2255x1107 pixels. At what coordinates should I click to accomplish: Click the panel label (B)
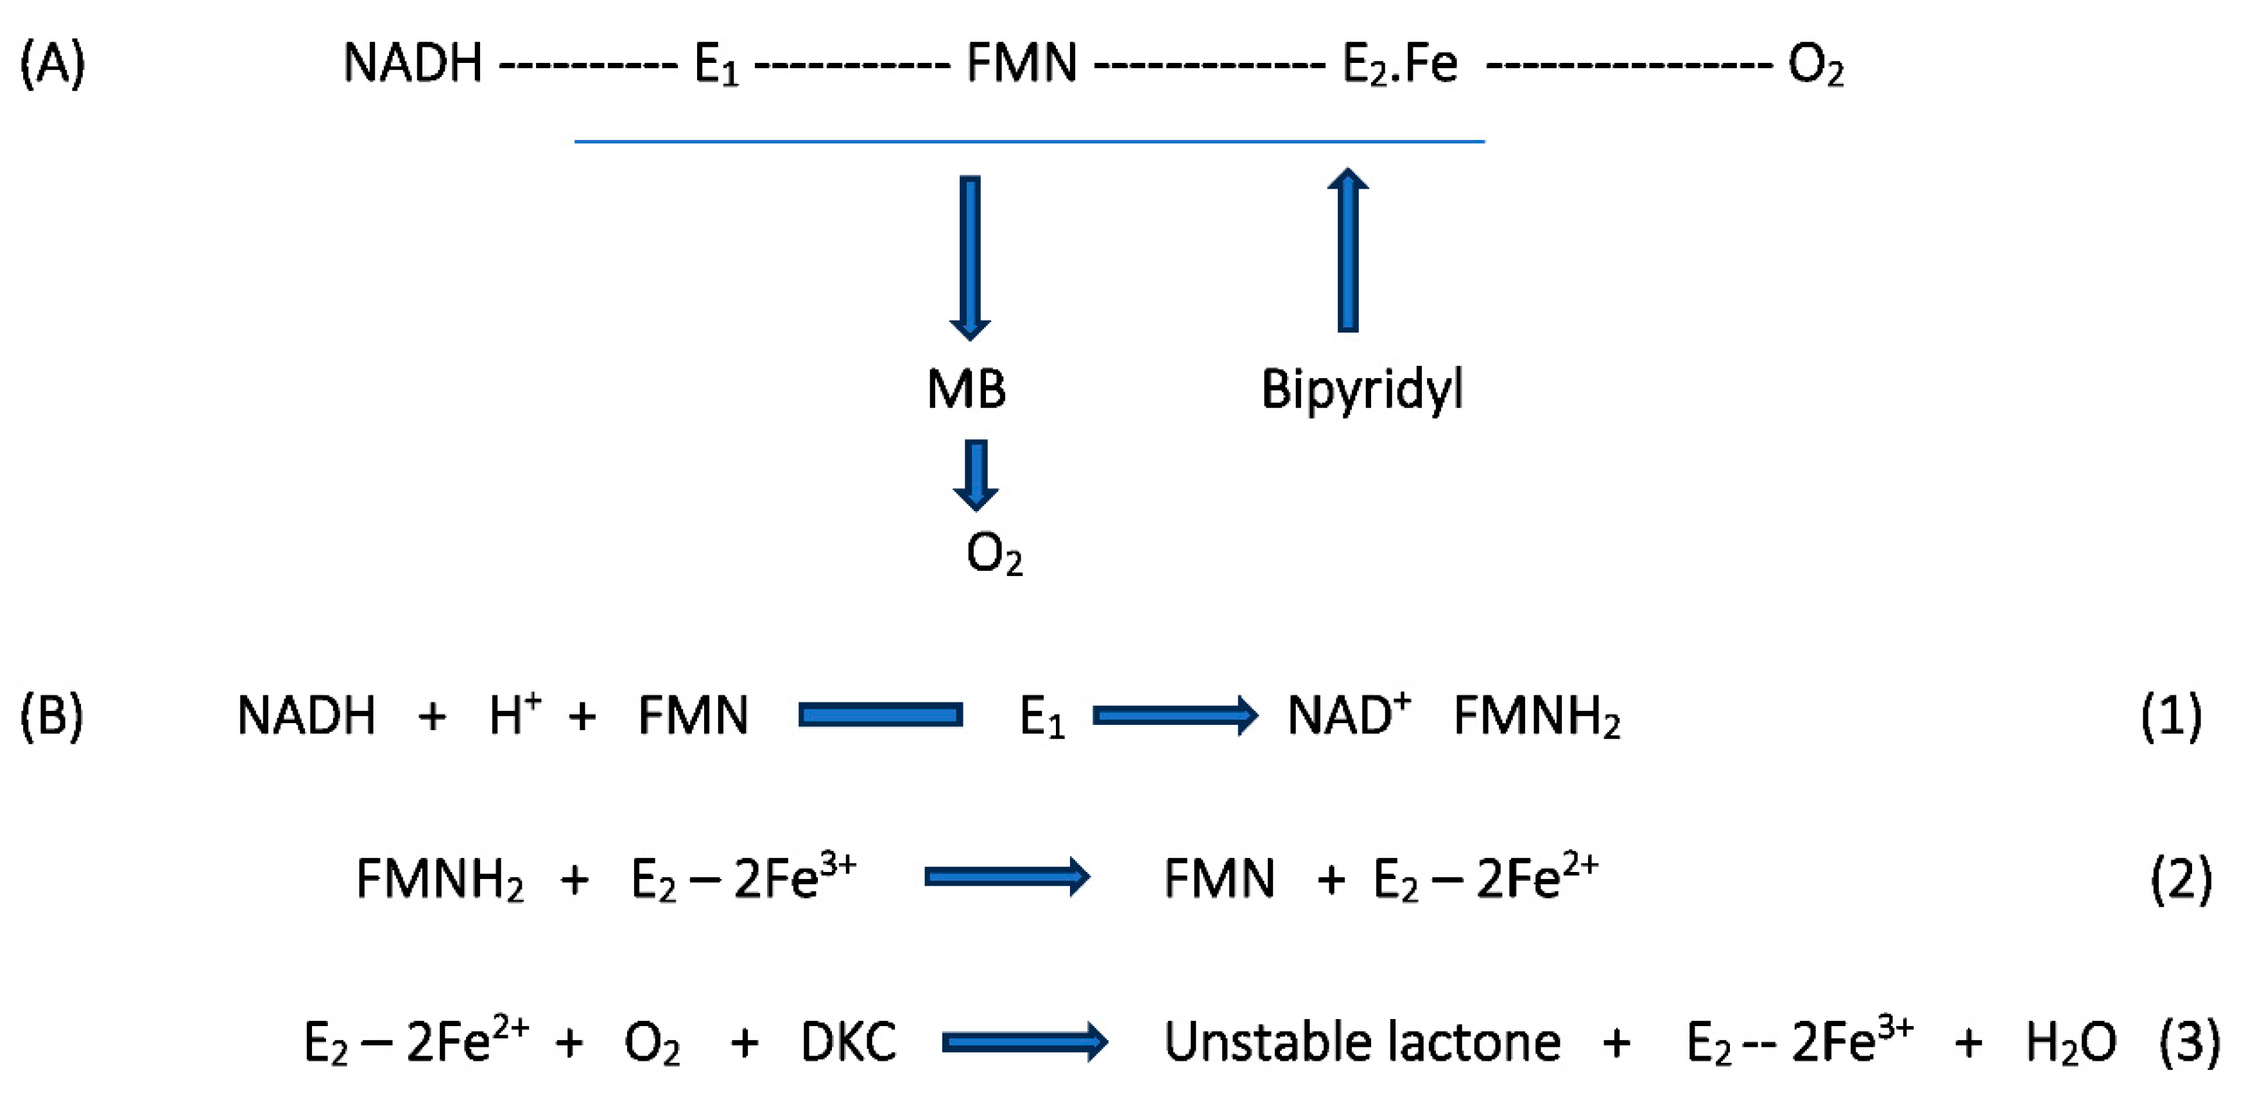click(x=51, y=715)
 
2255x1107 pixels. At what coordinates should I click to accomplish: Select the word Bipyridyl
click(x=1361, y=390)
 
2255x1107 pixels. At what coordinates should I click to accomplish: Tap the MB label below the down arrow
click(x=967, y=390)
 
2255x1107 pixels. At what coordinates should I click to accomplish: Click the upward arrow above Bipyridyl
click(x=1348, y=250)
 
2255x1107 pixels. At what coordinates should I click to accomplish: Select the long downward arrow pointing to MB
click(x=970, y=257)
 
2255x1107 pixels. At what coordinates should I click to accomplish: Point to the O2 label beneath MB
click(x=994, y=554)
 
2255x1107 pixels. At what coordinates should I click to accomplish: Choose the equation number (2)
click(x=2181, y=879)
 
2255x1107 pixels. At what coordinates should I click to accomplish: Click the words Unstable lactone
click(x=1361, y=1042)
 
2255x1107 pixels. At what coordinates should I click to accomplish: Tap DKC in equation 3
click(x=848, y=1042)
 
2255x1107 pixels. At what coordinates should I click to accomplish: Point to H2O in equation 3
click(x=2070, y=1043)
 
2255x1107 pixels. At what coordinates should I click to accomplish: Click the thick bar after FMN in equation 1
click(x=880, y=715)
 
